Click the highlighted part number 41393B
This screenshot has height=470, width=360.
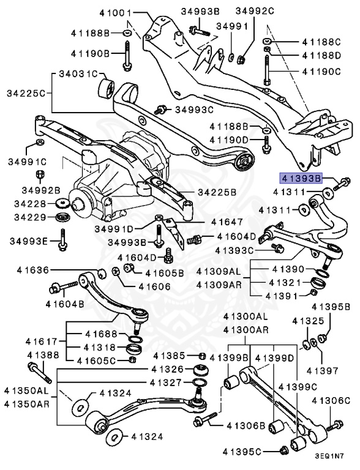[301, 179]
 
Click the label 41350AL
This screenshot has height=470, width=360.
[26, 390]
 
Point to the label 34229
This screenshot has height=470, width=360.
[27, 217]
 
